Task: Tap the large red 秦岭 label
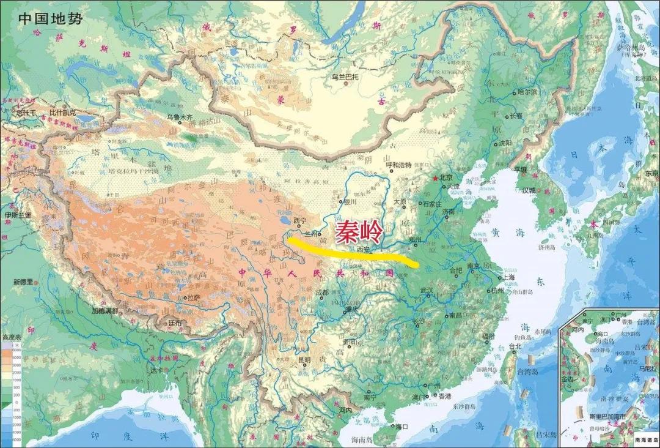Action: click(x=359, y=231)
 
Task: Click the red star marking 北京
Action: click(x=435, y=178)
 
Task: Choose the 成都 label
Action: click(x=321, y=293)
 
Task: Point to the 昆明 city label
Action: click(x=304, y=360)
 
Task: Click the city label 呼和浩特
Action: click(x=400, y=165)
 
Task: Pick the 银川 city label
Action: click(x=350, y=201)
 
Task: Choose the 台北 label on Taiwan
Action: click(x=515, y=346)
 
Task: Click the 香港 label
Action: click(x=444, y=396)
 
